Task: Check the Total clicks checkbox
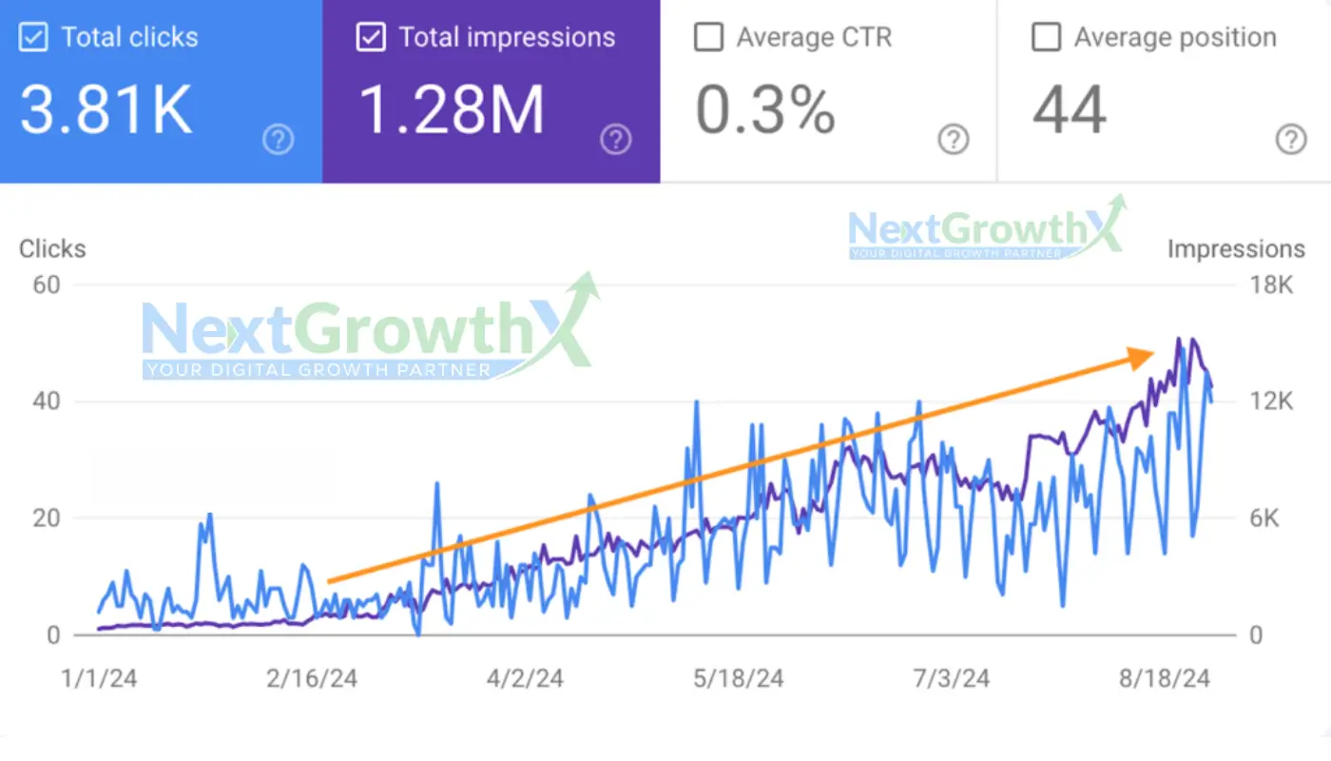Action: point(33,38)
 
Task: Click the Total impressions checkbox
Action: point(370,38)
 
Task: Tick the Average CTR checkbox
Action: point(708,38)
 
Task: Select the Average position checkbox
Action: point(1046,38)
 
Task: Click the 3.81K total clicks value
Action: point(106,110)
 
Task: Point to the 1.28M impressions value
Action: point(452,110)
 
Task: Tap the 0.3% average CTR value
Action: point(765,110)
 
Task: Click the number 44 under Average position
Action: point(1070,110)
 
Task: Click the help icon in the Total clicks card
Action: point(278,141)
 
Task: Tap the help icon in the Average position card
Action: point(1290,141)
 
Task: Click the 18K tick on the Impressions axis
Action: point(1271,284)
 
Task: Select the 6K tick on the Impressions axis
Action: point(1271,518)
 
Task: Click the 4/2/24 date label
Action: point(525,679)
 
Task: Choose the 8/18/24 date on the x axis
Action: point(1165,679)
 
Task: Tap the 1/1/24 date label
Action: point(98,679)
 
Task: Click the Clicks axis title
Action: point(52,249)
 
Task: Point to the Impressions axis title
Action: point(1236,249)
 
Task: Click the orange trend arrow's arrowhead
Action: point(1141,357)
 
